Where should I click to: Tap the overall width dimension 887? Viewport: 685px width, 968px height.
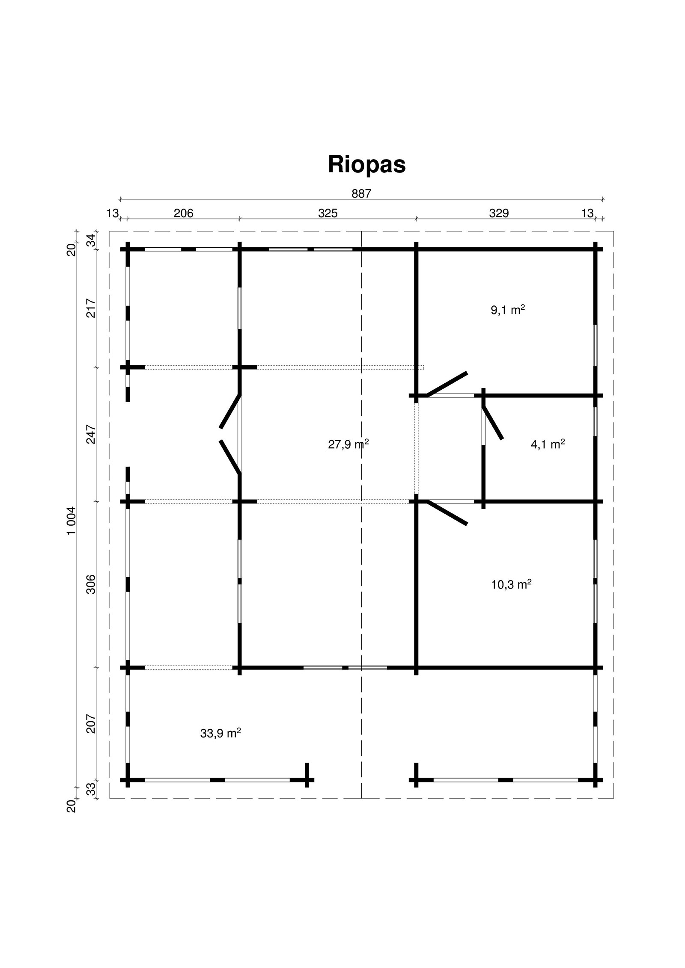(361, 194)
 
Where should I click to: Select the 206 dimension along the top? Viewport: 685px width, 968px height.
(183, 213)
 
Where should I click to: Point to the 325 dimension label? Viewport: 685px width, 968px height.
(328, 213)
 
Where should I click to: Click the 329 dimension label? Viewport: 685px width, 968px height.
(499, 213)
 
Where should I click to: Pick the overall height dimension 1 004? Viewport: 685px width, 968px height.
(71, 520)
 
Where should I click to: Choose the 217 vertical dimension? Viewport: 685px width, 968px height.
(91, 308)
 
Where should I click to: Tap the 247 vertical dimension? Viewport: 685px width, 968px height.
(91, 434)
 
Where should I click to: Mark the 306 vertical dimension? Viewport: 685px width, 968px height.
(91, 584)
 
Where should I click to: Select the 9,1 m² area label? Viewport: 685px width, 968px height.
(508, 310)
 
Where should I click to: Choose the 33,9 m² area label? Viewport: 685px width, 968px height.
(220, 733)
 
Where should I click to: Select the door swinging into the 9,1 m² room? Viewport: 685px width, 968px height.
(447, 384)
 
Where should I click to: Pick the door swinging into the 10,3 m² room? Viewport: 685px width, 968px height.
(447, 512)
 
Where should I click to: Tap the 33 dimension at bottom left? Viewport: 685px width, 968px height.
(91, 790)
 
